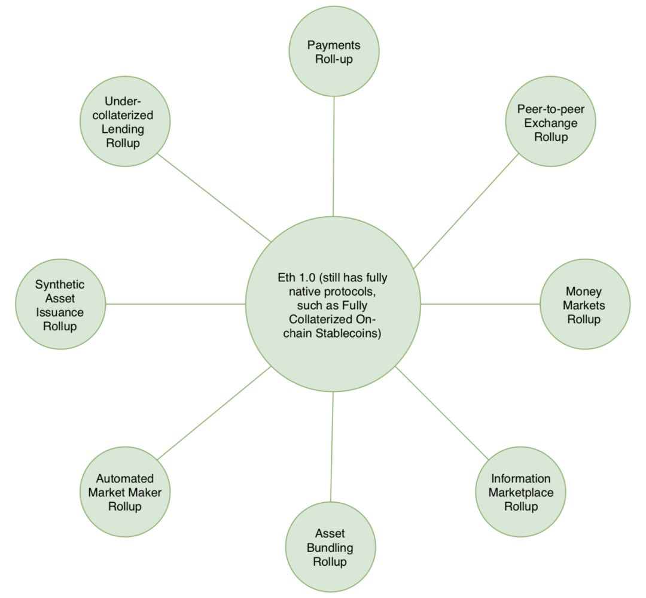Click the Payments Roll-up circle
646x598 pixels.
pyautogui.click(x=334, y=51)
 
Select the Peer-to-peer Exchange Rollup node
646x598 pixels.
pyautogui.click(x=550, y=122)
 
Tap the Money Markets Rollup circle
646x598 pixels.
pyautogui.click(x=584, y=304)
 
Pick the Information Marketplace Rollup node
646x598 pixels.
pyautogui.click(x=520, y=491)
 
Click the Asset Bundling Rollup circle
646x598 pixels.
pyautogui.click(x=330, y=547)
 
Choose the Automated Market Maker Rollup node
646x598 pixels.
pyautogui.click(x=125, y=491)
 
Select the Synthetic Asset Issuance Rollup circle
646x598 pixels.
pyautogui.click(x=60, y=304)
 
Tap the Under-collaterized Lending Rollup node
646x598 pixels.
pyautogui.click(x=125, y=122)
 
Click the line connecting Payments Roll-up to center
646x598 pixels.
pyautogui.click(x=334, y=156)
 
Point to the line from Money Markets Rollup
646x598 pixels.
pyautogui.click(x=480, y=304)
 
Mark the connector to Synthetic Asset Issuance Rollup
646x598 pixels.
pyautogui.click(x=175, y=304)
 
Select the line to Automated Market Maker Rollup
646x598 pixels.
pyautogui.click(x=214, y=413)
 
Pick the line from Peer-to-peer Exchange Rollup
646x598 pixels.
pyautogui.click(x=466, y=211)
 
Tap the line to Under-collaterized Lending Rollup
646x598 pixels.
pyautogui.click(x=214, y=198)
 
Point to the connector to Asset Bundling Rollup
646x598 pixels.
pyautogui.click(x=331, y=447)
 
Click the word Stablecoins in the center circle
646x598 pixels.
pyautogui.click(x=349, y=333)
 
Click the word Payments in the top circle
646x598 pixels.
pyautogui.click(x=334, y=45)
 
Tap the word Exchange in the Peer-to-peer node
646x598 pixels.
pyautogui.click(x=551, y=123)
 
